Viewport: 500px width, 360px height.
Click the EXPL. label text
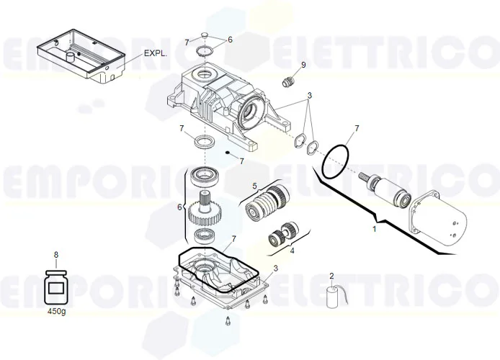point(155,53)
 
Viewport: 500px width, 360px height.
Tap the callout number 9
point(303,65)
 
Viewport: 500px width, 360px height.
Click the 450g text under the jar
point(56,312)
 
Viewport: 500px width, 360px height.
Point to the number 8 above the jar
point(56,254)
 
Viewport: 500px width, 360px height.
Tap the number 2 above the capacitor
point(331,276)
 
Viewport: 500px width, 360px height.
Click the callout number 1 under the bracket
point(374,229)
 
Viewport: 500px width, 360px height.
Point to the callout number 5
point(254,186)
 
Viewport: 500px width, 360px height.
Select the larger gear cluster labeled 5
point(267,204)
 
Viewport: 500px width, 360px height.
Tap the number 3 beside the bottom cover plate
point(275,268)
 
